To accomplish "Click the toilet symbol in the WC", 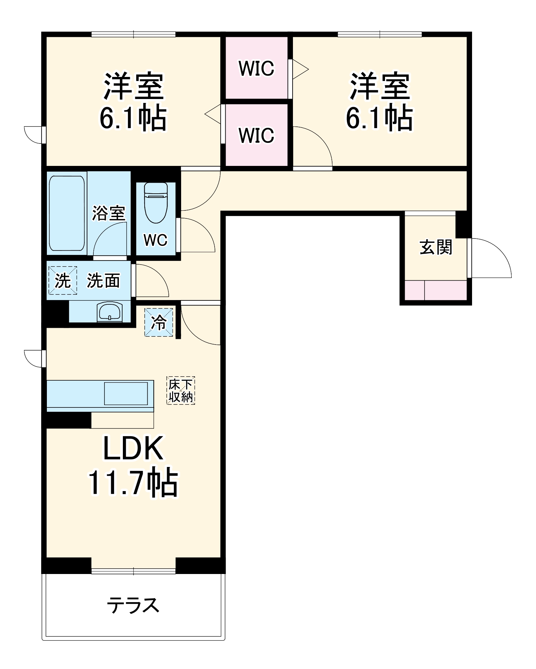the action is click(x=156, y=202).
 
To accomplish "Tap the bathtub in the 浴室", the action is click(x=67, y=213).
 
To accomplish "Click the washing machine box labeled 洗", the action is click(x=63, y=280).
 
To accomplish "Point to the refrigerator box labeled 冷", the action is click(x=159, y=322).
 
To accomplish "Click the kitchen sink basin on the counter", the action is click(x=126, y=394).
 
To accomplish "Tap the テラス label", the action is click(x=133, y=605).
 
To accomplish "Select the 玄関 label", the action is click(x=436, y=247).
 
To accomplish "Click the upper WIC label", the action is click(x=256, y=68).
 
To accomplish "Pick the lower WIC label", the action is click(x=256, y=135).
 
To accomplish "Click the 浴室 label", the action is click(x=109, y=213).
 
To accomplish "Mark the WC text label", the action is click(x=155, y=240).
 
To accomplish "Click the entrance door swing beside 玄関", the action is click(x=490, y=258).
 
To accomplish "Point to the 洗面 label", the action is click(x=103, y=281).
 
